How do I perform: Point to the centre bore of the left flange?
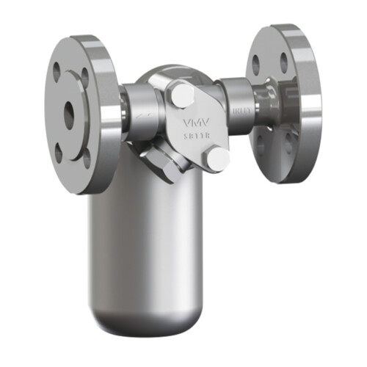69,113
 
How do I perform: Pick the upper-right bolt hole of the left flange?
85,73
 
